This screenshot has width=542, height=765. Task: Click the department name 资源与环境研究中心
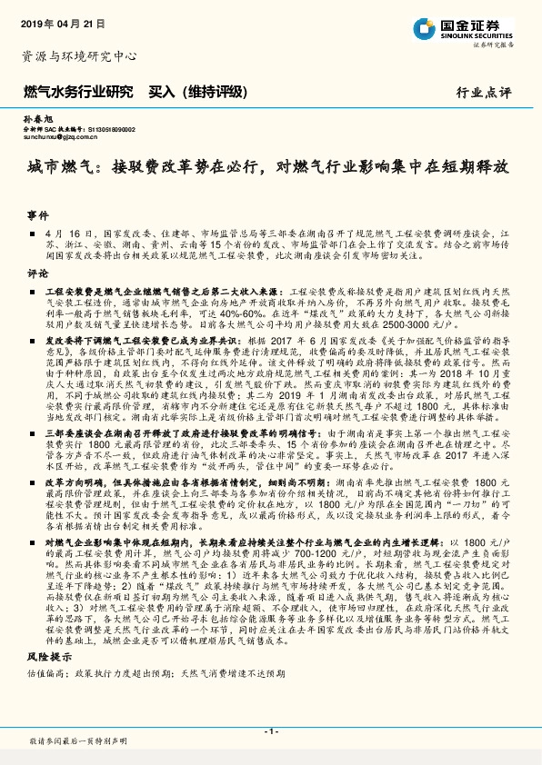pos(79,56)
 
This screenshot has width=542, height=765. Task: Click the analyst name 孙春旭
pos(35,119)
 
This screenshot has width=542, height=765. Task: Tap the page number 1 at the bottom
pos(271,731)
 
